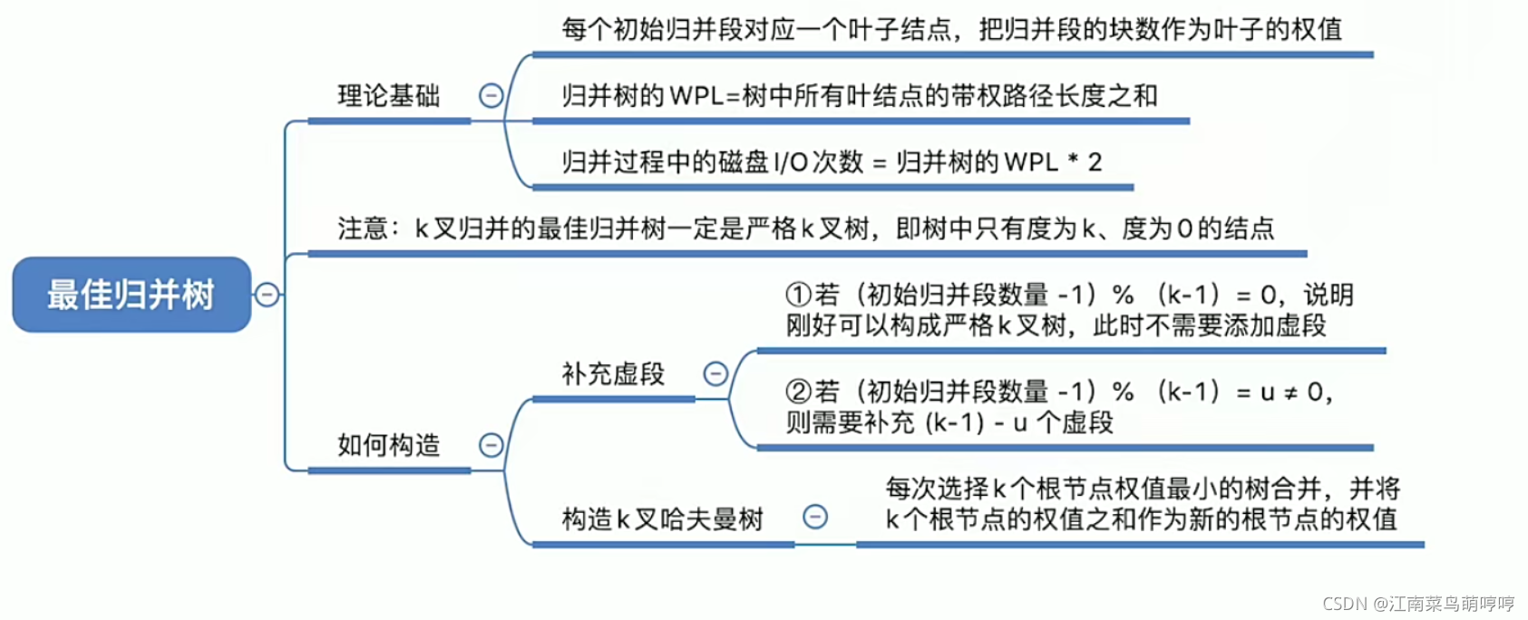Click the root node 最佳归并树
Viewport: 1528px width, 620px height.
(131, 295)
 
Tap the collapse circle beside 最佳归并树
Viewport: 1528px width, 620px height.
(267, 295)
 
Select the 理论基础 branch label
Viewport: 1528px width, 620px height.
(388, 95)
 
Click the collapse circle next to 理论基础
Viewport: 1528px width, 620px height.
(491, 95)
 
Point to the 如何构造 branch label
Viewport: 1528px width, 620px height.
(388, 445)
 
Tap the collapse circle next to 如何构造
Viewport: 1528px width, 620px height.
(491, 445)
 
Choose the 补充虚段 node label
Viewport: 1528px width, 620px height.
(613, 373)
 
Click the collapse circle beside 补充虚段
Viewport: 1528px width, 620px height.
(715, 373)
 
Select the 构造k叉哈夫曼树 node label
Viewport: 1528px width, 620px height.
(662, 518)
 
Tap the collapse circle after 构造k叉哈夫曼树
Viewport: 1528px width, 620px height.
(815, 517)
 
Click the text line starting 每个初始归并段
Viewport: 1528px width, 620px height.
(950, 29)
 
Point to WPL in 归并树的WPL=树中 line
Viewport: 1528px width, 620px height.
(696, 96)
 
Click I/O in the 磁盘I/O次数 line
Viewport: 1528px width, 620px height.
(790, 162)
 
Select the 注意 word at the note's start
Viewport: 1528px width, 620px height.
(363, 228)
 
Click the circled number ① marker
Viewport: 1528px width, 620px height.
(798, 295)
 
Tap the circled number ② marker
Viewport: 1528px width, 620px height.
(798, 392)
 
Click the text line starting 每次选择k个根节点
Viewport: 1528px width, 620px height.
(1143, 489)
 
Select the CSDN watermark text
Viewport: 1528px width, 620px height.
(1418, 604)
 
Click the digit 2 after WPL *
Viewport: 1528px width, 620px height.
(1095, 162)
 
